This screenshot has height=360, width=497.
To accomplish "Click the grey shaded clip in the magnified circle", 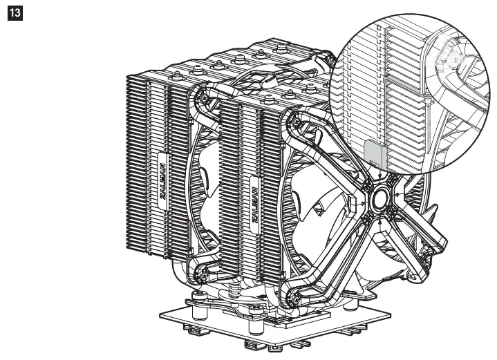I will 374,151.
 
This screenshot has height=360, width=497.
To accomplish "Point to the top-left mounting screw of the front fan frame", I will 296,124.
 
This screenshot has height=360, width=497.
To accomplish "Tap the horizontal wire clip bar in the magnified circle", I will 408,79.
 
